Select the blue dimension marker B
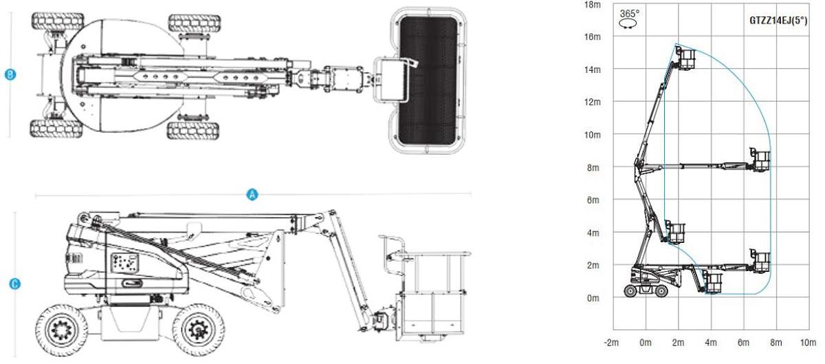[x=10, y=75]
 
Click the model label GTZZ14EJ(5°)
[x=778, y=21]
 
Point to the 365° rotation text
[x=629, y=12]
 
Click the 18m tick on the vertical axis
[x=592, y=4]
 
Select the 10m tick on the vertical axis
[x=592, y=135]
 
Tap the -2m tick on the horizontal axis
[x=612, y=342]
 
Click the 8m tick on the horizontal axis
[x=775, y=342]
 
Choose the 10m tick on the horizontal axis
[x=808, y=342]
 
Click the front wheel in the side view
[x=199, y=330]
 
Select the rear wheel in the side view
[x=61, y=330]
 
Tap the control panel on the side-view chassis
[x=124, y=264]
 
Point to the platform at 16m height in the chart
[x=685, y=60]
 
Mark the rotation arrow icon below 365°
[x=628, y=23]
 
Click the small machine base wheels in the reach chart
[x=646, y=291]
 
